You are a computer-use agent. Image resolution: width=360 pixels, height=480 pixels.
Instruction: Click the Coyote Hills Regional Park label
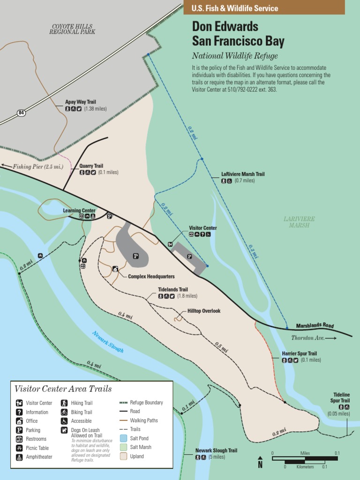[x=72, y=29]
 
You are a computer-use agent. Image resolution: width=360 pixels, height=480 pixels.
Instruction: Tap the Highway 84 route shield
[x=21, y=112]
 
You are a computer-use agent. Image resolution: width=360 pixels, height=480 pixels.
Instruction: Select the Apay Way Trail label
[x=80, y=102]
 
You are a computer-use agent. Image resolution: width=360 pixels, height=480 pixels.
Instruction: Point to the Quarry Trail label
[x=91, y=166]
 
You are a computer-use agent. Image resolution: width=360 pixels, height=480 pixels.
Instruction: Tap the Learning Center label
[x=79, y=210]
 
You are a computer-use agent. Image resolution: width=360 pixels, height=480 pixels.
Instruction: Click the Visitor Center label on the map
[x=202, y=228]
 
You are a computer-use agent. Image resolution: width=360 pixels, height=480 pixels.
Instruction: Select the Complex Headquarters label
[x=151, y=277]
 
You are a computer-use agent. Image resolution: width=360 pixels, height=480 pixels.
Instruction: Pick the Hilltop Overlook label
[x=203, y=311]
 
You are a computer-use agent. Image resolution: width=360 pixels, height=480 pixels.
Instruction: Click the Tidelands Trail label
[x=172, y=290]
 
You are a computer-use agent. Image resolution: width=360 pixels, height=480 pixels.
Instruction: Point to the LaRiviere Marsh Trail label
[x=243, y=174]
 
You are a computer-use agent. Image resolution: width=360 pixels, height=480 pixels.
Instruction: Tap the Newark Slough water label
[x=107, y=342]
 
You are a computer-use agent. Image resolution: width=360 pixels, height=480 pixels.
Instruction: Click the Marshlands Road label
[x=315, y=326]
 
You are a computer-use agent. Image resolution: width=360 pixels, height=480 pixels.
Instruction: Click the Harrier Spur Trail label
[x=299, y=353]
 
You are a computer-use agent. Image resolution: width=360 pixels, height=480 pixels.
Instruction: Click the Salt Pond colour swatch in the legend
[x=123, y=438]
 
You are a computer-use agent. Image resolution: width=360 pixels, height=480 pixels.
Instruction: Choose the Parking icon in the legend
[x=19, y=430]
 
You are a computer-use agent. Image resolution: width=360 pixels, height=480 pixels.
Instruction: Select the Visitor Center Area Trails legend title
[x=63, y=388]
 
